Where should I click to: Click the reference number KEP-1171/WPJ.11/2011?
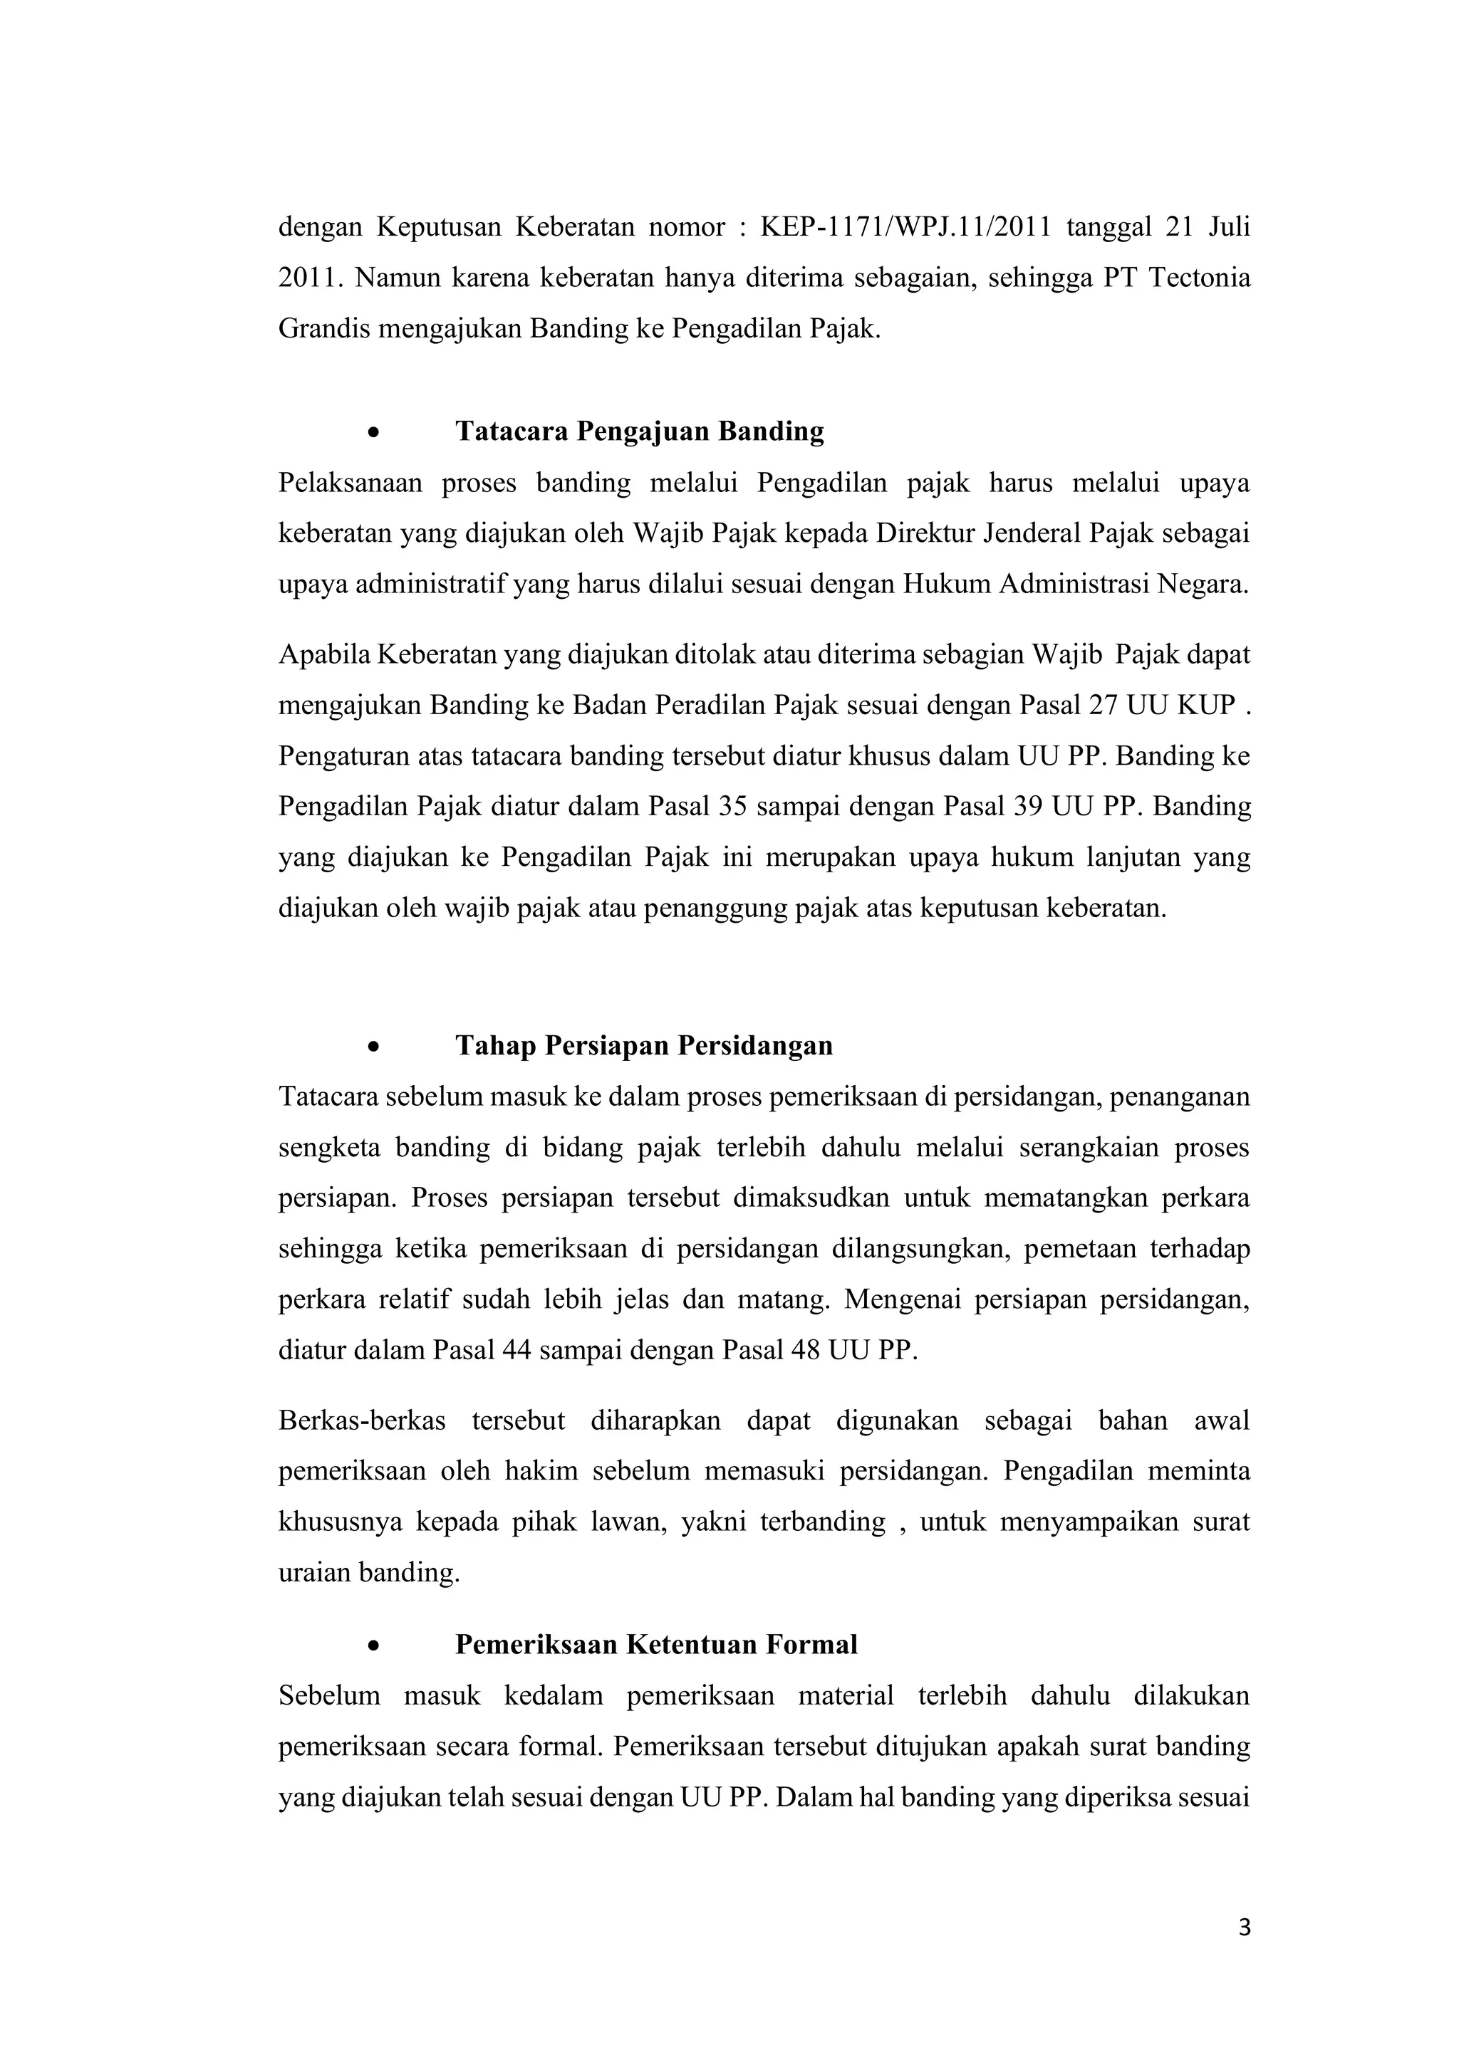905,227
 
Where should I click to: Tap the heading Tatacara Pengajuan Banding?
640,432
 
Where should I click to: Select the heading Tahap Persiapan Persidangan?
644,1046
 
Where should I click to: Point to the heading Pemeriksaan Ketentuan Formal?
656,1644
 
